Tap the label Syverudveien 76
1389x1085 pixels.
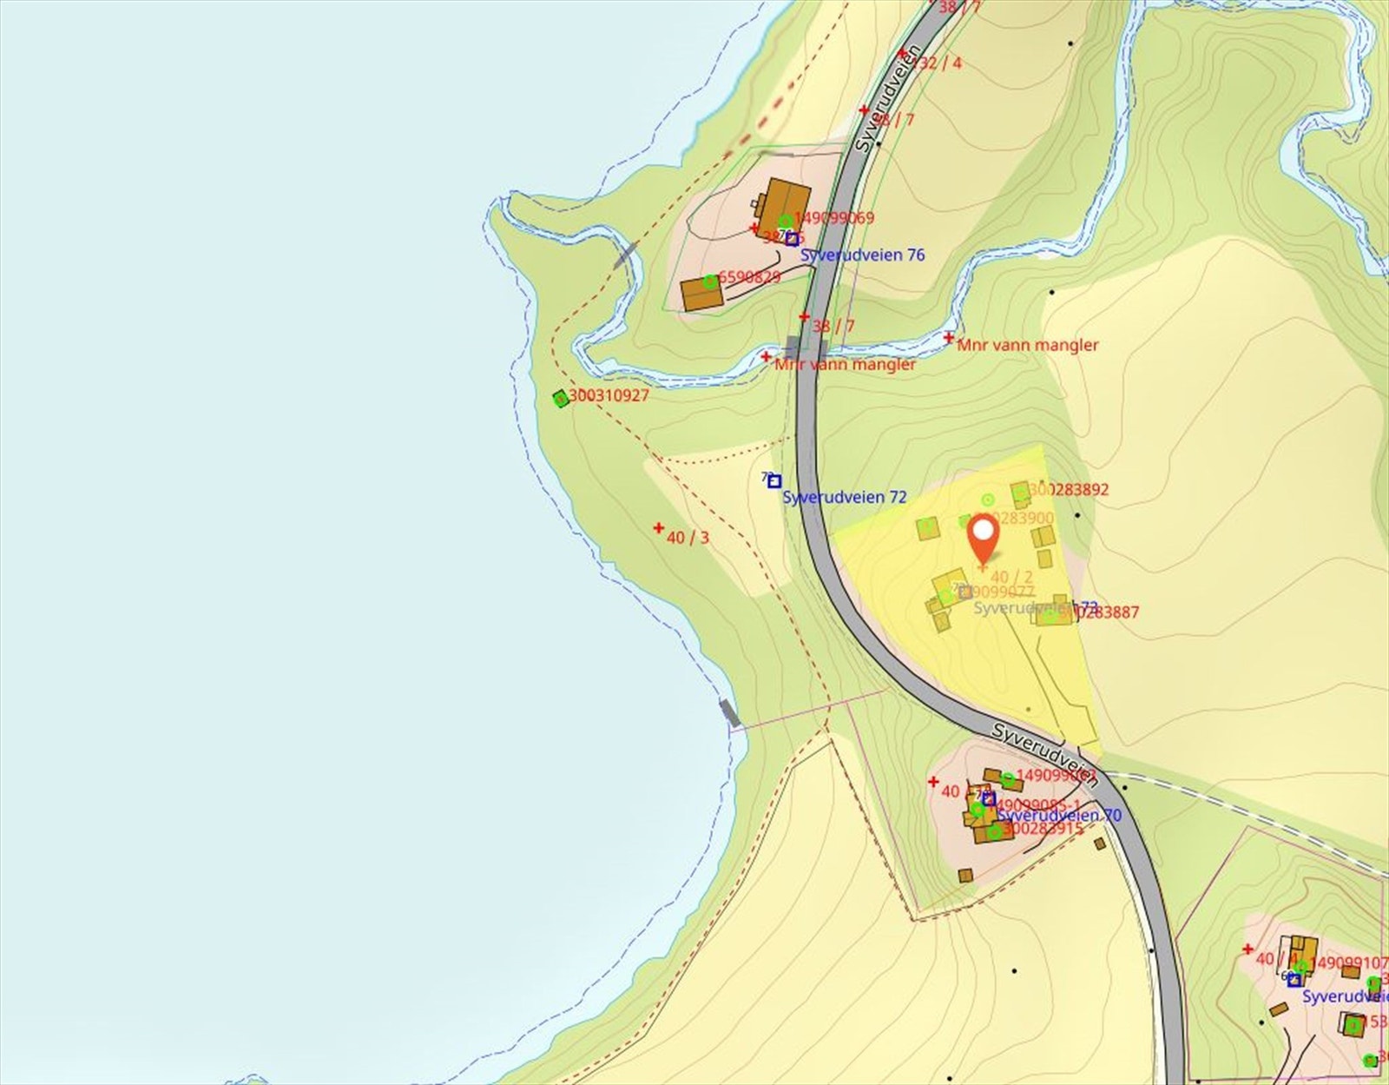[862, 255]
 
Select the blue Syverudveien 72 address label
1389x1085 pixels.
[844, 497]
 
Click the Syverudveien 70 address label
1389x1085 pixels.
[1059, 815]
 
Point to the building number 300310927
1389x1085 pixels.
[609, 395]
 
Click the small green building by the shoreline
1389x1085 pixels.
[561, 399]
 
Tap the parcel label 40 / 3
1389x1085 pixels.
[688, 538]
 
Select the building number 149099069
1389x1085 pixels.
[834, 217]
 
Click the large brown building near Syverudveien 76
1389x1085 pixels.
[785, 206]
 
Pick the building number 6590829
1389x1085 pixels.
[749, 277]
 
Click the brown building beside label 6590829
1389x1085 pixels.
[701, 294]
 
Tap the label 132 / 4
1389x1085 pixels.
[937, 63]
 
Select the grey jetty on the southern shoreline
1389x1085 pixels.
[730, 712]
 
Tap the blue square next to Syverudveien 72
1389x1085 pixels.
[774, 481]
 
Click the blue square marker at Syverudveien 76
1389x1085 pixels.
[792, 239]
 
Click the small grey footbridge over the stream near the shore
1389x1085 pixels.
[625, 255]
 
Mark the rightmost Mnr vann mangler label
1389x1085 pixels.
[1027, 345]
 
